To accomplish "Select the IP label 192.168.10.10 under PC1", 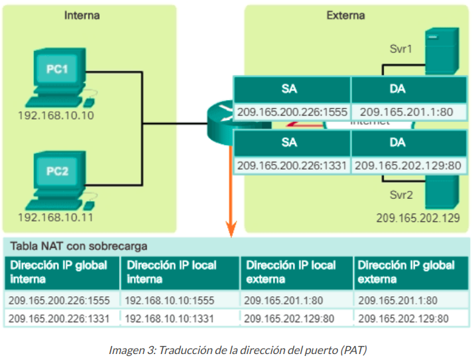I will (56, 116).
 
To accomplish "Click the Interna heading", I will (82, 15).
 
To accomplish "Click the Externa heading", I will (345, 15).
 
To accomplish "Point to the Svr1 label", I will (400, 48).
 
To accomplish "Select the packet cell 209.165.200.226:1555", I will (292, 112).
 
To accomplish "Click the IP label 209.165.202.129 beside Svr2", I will (418, 217).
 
